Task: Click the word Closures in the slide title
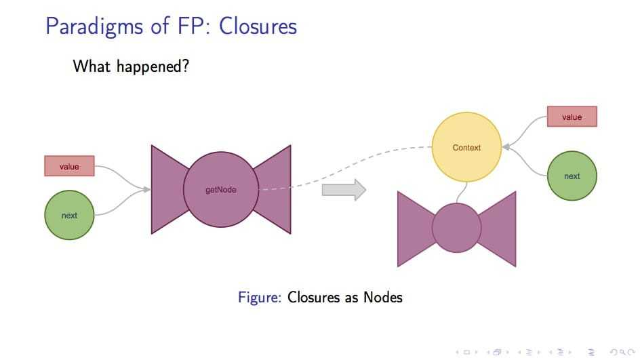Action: pyautogui.click(x=259, y=26)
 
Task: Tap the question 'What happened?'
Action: pyautogui.click(x=130, y=66)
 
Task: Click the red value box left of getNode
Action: pyautogui.click(x=69, y=166)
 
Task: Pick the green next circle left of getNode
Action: pyautogui.click(x=69, y=216)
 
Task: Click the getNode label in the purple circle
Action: pyautogui.click(x=221, y=190)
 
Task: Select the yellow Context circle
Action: pyautogui.click(x=466, y=147)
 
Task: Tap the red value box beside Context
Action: pyautogui.click(x=572, y=117)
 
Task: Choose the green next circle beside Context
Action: pyautogui.click(x=572, y=176)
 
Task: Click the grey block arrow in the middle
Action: pyautogui.click(x=344, y=189)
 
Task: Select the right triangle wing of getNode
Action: pyautogui.click(x=277, y=189)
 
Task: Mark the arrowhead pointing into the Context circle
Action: pyautogui.click(x=505, y=146)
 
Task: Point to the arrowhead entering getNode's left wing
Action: pyautogui.click(x=146, y=189)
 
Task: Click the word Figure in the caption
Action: pyautogui.click(x=259, y=297)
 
